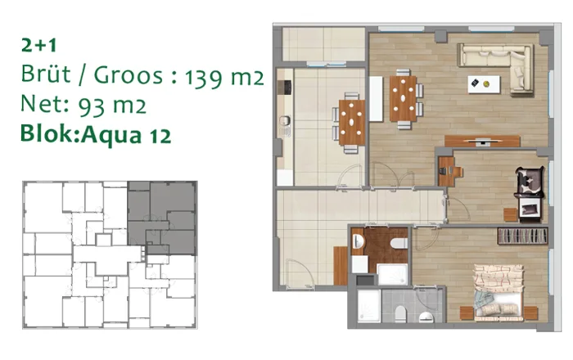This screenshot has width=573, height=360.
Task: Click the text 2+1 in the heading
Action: (x=38, y=45)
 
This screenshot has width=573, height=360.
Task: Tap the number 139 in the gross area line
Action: (x=202, y=77)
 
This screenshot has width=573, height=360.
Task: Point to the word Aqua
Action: (x=111, y=134)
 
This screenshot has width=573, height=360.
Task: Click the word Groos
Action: (x=129, y=74)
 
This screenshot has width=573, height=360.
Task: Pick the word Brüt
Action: (x=45, y=74)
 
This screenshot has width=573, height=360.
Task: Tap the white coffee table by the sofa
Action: (x=484, y=84)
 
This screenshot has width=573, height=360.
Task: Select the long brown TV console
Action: (x=482, y=141)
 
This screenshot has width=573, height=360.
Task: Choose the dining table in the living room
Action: (x=403, y=98)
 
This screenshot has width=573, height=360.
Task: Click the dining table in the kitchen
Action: (x=352, y=122)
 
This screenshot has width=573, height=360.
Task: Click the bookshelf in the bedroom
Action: (x=522, y=236)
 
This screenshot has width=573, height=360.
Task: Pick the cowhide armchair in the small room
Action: (x=529, y=182)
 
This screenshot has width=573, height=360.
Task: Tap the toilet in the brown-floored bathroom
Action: (x=399, y=242)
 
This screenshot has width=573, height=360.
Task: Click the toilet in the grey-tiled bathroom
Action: (x=400, y=314)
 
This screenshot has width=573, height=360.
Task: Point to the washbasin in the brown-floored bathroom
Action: (x=358, y=241)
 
